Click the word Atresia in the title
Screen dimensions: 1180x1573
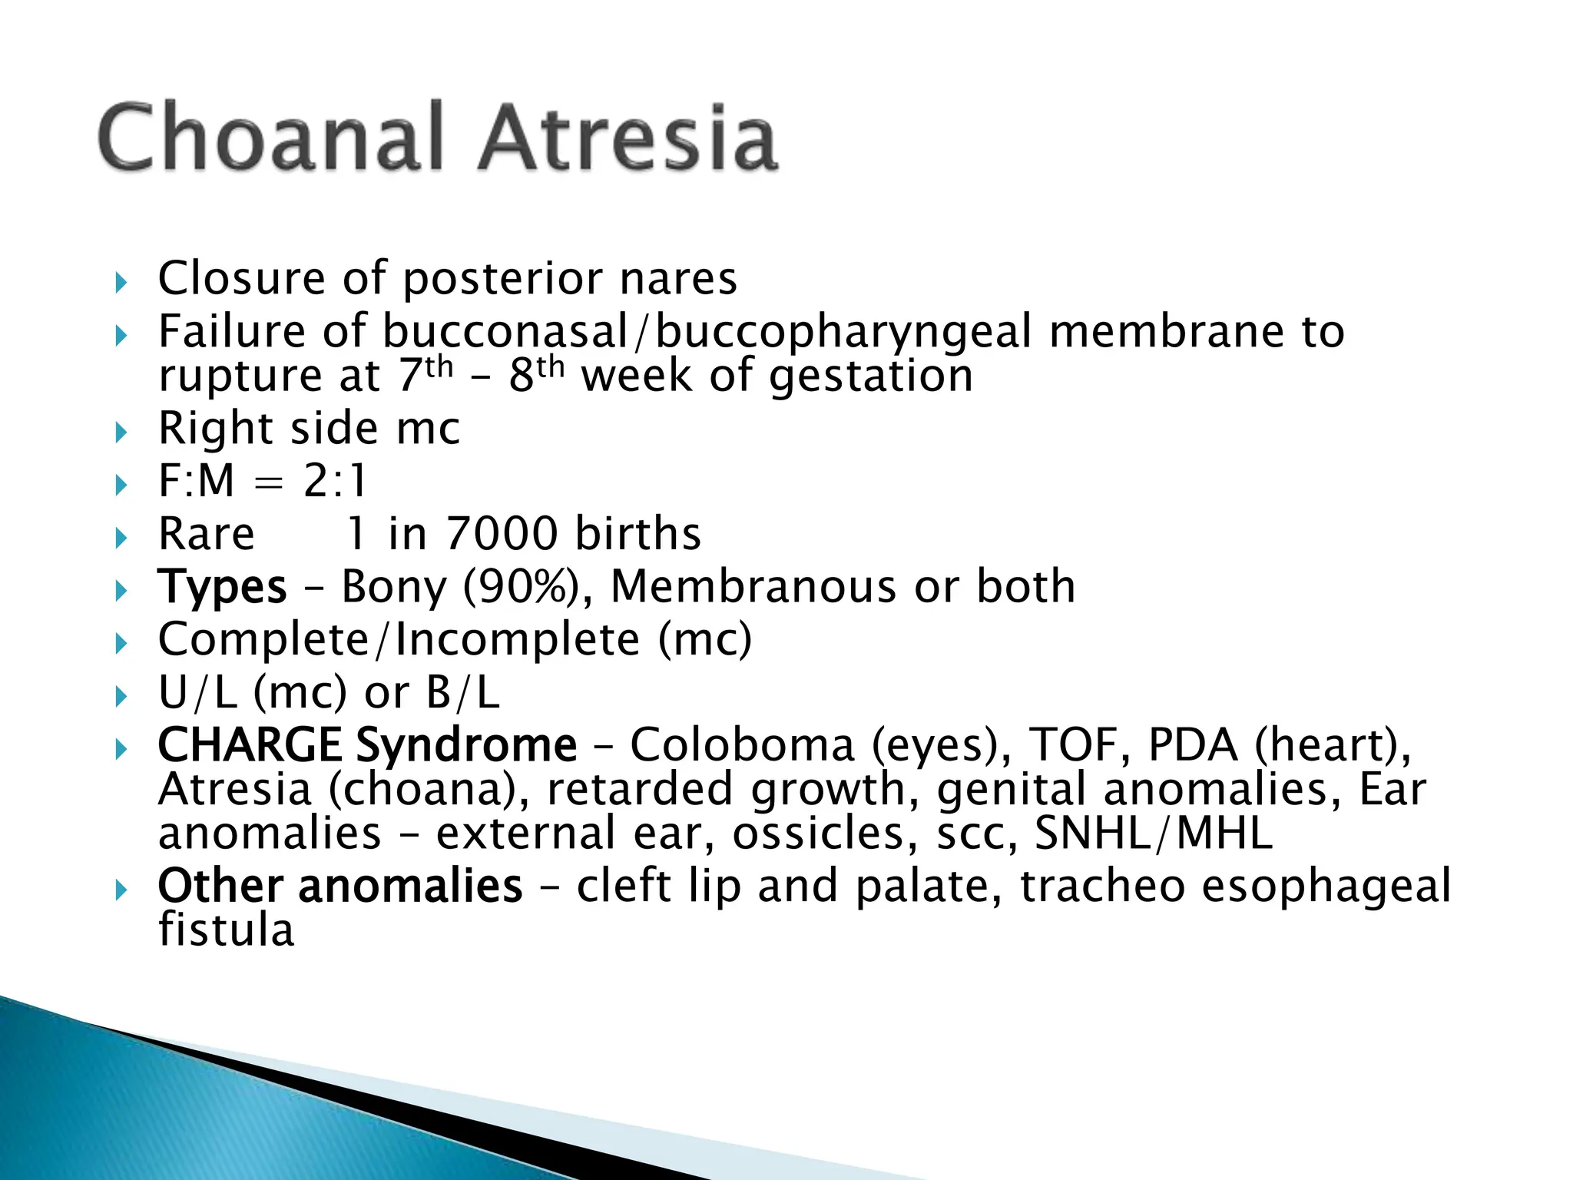[x=628, y=138]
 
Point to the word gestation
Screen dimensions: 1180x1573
[x=871, y=376]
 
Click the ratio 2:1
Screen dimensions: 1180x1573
[x=336, y=482]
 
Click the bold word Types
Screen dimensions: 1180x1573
[x=222, y=588]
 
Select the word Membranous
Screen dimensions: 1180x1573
[x=753, y=587]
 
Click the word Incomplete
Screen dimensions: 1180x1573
[x=518, y=640]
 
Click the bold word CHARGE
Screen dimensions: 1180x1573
[x=249, y=745]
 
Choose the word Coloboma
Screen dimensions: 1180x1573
[x=742, y=745]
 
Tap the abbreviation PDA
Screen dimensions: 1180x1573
[x=1193, y=745]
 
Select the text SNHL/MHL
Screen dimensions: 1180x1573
[x=1153, y=834]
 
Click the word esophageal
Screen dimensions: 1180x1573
[x=1326, y=886]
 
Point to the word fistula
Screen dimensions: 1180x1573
[x=226, y=930]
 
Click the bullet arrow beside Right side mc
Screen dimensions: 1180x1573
[x=121, y=433]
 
